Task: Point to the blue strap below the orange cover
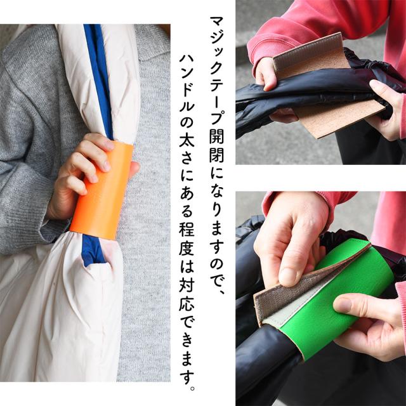(x=93, y=251)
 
